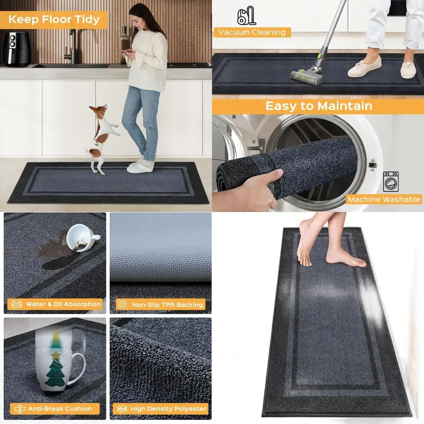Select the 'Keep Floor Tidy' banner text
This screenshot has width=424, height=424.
[54, 20]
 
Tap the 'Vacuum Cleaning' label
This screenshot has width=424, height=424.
[252, 32]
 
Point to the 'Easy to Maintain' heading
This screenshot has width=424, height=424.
[318, 106]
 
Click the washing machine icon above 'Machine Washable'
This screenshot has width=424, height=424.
[391, 181]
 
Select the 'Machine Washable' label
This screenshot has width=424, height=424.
[384, 199]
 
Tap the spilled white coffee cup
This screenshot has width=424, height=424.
[82, 237]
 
